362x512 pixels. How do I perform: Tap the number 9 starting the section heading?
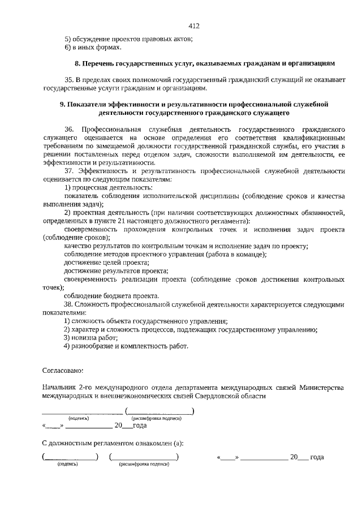(62, 105)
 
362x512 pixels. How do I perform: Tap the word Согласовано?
(63, 371)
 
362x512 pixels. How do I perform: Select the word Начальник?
(61, 388)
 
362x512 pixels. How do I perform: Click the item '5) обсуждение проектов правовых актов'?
(128, 38)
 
